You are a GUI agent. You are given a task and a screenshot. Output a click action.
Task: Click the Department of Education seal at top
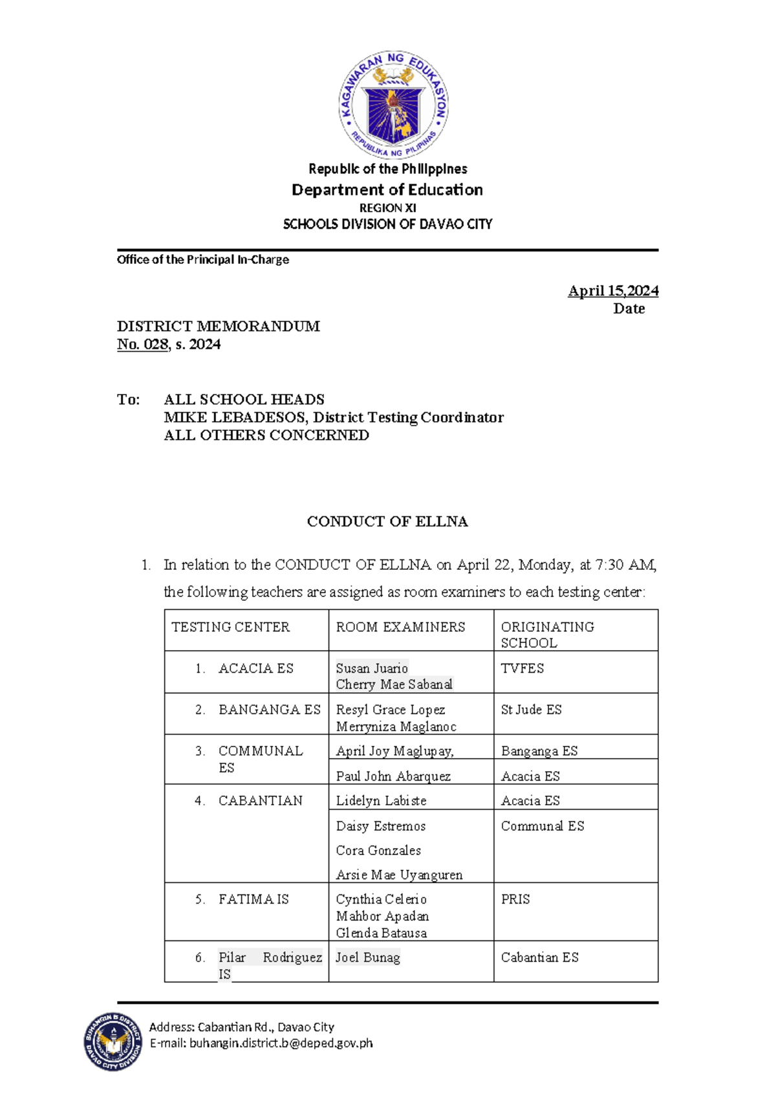[393, 104]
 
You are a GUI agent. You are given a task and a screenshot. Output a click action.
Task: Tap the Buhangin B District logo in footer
[113, 1041]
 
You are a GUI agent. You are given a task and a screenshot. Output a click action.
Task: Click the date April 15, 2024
[612, 291]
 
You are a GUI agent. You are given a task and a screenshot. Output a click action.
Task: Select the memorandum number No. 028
[142, 344]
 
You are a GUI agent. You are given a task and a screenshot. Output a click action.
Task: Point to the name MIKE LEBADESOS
[236, 417]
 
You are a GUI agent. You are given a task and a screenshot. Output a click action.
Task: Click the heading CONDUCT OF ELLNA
[387, 521]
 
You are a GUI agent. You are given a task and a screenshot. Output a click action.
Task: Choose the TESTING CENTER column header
[230, 627]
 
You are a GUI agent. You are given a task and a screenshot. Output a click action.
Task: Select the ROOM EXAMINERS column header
[400, 627]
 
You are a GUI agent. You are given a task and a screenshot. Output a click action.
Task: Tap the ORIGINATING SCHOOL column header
[547, 635]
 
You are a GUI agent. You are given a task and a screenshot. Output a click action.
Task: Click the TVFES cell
[522, 668]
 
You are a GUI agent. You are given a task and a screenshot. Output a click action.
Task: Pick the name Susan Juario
[372, 668]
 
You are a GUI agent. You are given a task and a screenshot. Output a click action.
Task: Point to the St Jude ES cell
[531, 710]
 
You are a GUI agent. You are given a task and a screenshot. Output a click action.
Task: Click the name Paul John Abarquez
[393, 776]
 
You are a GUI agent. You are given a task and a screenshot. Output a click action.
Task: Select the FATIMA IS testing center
[253, 899]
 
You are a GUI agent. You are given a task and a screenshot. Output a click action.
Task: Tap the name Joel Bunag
[367, 957]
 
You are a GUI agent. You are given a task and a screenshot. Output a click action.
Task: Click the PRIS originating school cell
[515, 899]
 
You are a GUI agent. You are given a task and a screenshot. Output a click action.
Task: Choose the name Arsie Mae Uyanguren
[399, 874]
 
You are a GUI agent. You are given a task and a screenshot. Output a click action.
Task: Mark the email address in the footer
[281, 1043]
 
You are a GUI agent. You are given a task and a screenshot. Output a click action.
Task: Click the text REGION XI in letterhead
[387, 208]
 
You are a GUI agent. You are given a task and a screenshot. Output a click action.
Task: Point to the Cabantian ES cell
[539, 957]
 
